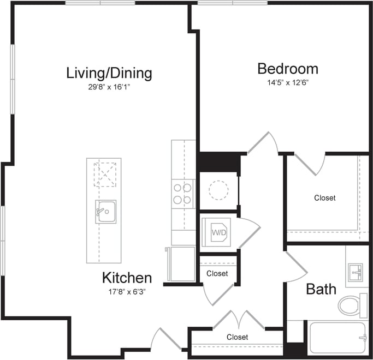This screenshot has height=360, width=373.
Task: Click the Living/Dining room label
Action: [109, 73]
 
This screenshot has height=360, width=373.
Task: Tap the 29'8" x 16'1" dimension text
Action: [108, 87]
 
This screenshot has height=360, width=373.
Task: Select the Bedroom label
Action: [288, 69]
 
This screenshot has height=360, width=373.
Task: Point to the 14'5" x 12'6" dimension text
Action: [288, 83]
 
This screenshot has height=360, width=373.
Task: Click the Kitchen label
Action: [127, 278]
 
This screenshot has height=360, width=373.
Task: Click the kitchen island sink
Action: [105, 211]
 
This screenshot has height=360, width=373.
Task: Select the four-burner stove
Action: [183, 194]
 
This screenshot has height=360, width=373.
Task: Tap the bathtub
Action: [337, 338]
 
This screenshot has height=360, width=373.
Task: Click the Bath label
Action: [321, 289]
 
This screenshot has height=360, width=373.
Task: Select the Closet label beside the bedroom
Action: [325, 198]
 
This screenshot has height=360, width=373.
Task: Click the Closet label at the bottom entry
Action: [237, 337]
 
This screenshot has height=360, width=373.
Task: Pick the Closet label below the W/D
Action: [217, 273]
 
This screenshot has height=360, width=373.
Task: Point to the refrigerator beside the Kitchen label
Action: [181, 265]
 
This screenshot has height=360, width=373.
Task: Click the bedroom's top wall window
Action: [232, 3]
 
